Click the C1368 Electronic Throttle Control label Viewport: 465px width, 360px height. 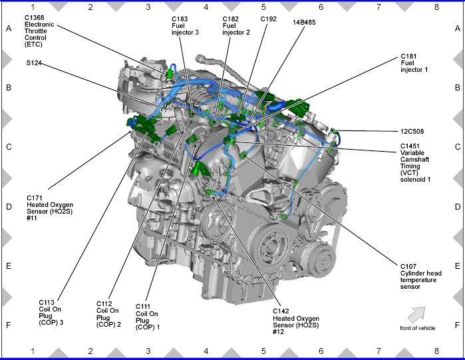coord(39,31)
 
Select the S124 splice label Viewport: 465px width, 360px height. coord(34,63)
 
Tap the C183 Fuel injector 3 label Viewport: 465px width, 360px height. coord(185,26)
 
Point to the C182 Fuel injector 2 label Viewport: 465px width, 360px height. coord(236,26)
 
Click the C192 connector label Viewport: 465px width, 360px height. coord(268,19)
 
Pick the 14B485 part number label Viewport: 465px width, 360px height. coord(304,22)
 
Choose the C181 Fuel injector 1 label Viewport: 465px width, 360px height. coord(414,63)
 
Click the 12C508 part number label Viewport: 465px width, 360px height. coord(412,131)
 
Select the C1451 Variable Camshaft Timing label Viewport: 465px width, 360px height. coord(415,162)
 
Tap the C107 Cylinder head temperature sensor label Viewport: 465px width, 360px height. coord(421,276)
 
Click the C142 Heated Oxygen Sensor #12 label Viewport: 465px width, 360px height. coord(296,321)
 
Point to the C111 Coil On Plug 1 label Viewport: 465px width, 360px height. coord(148,317)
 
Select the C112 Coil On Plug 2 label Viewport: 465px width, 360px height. coord(108,314)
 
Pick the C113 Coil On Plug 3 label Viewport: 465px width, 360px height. coord(51,313)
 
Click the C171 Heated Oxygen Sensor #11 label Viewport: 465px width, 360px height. coord(50,208)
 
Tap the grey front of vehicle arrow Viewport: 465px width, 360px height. coord(416,314)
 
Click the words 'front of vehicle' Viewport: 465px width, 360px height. coord(418,328)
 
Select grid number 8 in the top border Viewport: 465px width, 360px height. coord(436,7)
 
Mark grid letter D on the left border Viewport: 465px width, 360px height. coord(9,207)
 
